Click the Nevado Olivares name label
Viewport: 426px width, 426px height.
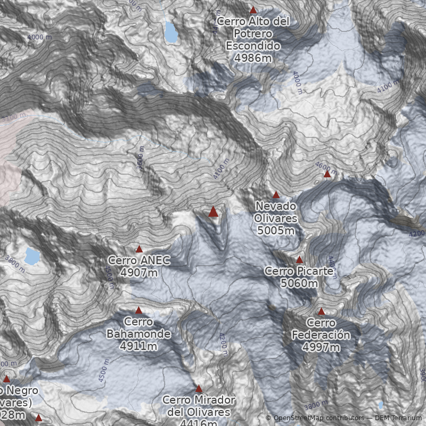pos(276,212)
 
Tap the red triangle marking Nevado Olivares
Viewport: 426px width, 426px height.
pos(276,195)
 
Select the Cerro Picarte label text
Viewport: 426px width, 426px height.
pos(299,272)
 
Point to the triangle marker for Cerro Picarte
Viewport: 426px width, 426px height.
pos(299,260)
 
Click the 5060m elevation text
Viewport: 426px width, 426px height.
pos(299,283)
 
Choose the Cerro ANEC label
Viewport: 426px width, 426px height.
pos(139,260)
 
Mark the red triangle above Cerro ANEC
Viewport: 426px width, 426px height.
pos(139,249)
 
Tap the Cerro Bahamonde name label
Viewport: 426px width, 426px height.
pos(138,328)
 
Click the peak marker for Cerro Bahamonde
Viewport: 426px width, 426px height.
pos(138,310)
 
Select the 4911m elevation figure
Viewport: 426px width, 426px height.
pos(138,346)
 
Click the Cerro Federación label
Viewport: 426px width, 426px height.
pos(321,329)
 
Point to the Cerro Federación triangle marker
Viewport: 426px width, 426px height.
pos(321,312)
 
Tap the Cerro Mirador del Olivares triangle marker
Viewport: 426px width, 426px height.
pos(199,389)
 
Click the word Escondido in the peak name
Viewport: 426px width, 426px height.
pos(253,46)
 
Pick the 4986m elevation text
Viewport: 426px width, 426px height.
pos(253,58)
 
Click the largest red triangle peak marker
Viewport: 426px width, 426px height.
pos(213,212)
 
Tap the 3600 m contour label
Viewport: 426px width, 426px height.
pos(141,158)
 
